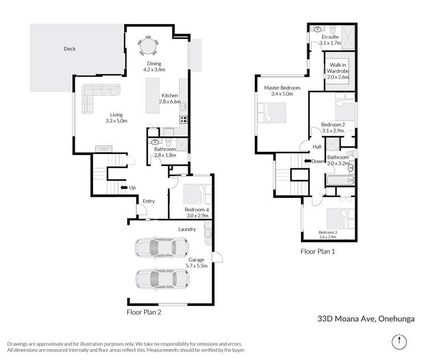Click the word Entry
(149, 201)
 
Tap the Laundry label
(187, 229)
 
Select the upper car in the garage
(161, 248)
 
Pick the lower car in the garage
(161, 279)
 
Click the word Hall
(318, 147)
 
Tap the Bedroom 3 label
(328, 234)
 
